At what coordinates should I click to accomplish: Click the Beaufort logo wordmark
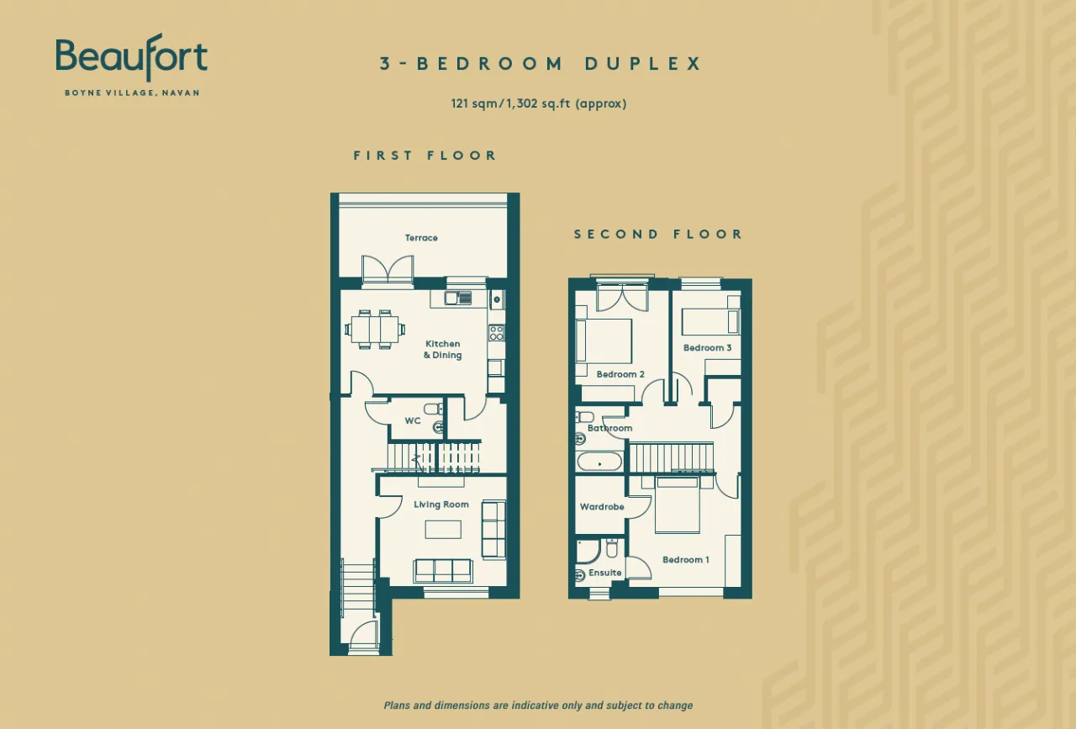132,57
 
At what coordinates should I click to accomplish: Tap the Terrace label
421,238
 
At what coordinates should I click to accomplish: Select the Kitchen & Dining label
442,349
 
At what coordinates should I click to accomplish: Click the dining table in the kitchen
375,329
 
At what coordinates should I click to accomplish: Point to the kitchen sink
458,298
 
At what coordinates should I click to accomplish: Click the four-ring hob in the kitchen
496,332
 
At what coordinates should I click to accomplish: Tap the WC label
413,421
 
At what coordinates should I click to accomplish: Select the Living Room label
441,504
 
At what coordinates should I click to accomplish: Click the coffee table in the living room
443,530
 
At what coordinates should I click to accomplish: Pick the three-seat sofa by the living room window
443,571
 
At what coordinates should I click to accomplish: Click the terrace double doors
388,268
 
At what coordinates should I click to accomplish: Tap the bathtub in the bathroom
599,462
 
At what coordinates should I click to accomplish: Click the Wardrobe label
602,506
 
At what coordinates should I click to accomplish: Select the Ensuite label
604,573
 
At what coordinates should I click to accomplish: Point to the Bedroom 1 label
685,559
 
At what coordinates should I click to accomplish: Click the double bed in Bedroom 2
604,341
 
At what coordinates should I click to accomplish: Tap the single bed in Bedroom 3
710,322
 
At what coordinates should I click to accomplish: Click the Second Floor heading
658,234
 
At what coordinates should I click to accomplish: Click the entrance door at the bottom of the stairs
362,636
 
